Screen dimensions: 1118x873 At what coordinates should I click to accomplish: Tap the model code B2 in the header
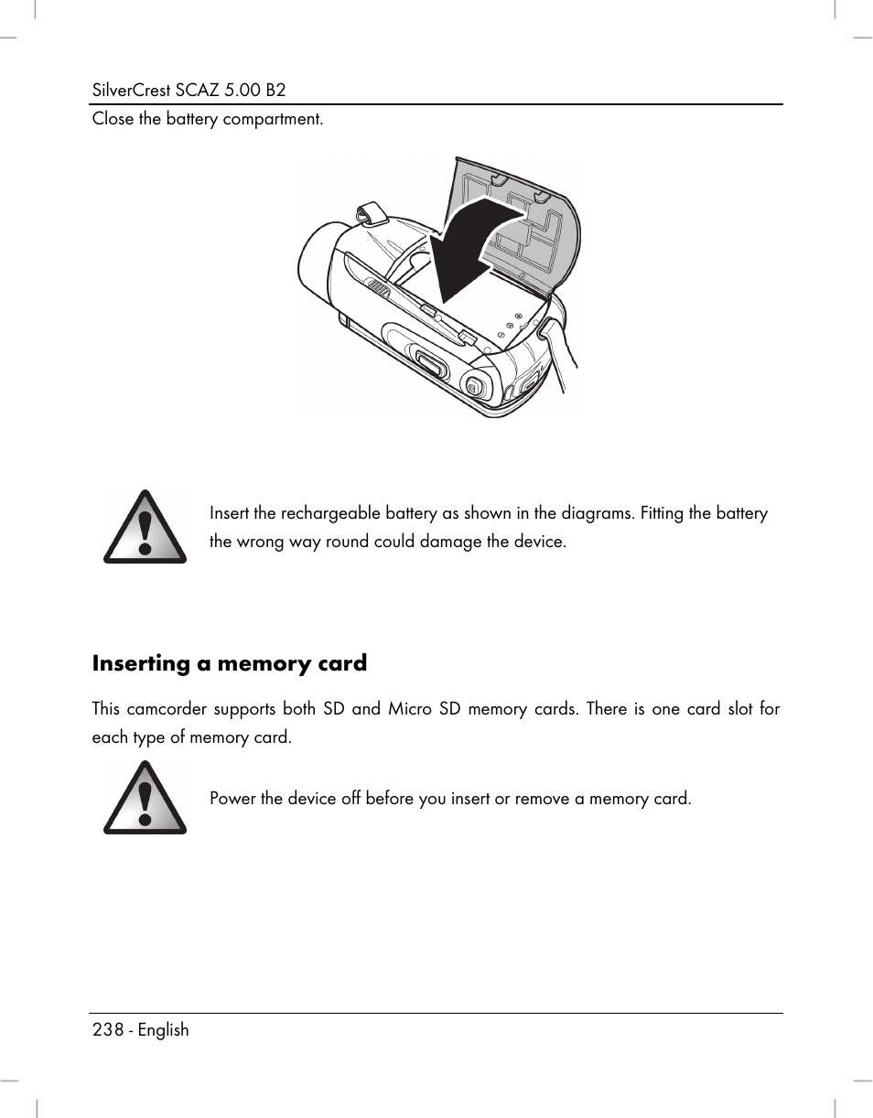pos(274,91)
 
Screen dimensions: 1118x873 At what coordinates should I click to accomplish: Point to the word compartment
pos(276,120)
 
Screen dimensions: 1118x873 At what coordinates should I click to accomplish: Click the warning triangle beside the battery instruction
pos(145,527)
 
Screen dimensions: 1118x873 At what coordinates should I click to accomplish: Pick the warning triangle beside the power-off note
pos(145,798)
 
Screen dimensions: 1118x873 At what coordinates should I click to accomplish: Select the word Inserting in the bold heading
pos(141,663)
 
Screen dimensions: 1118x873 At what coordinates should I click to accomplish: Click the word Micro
pos(409,709)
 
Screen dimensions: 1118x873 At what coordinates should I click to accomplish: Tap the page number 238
pos(107,1030)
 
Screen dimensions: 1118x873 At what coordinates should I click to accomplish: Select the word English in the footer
pos(164,1030)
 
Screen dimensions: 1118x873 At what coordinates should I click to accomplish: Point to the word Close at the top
pos(113,120)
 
